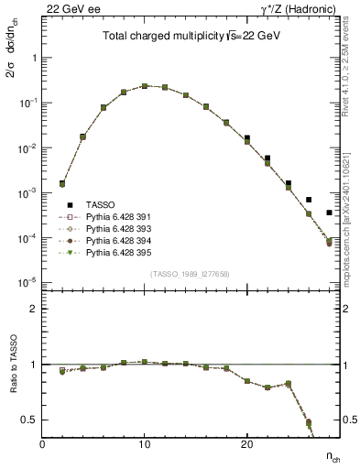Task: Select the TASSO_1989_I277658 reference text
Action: coord(190,275)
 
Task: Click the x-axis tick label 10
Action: coord(145,444)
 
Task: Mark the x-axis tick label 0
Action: coord(42,444)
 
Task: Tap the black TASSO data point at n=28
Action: coord(329,213)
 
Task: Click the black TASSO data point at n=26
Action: coord(309,200)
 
